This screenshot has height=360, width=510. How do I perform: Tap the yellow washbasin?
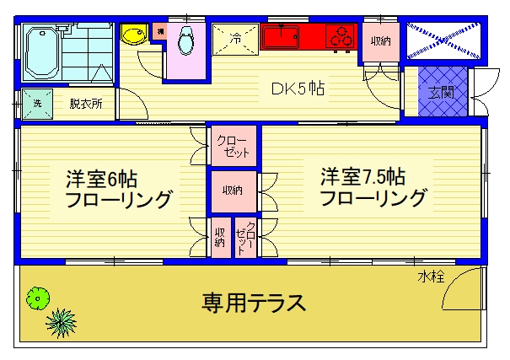click(x=134, y=35)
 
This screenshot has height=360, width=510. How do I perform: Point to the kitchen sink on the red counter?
click(x=282, y=37)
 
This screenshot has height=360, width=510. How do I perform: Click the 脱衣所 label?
click(x=84, y=104)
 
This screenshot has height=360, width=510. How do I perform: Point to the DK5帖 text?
click(x=298, y=87)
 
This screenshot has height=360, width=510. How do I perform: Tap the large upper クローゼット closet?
click(x=232, y=148)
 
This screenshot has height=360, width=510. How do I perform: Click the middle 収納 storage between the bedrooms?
click(x=232, y=191)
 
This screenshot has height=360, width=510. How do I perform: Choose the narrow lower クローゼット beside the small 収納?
click(x=245, y=237)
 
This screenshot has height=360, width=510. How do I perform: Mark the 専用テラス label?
click(x=253, y=301)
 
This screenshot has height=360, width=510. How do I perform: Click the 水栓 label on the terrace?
click(x=430, y=277)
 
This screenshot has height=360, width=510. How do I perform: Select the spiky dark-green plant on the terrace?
click(x=61, y=321)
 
